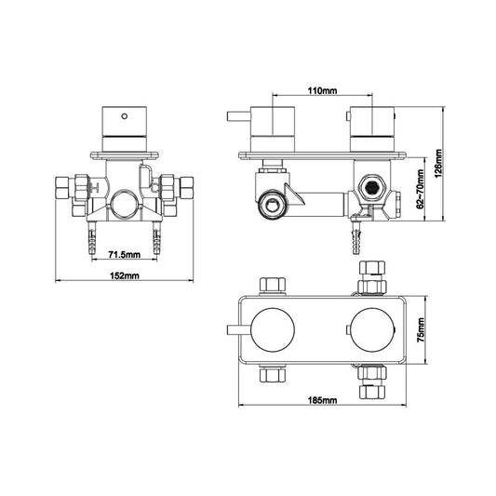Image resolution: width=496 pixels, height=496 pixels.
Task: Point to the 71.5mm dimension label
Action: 123,253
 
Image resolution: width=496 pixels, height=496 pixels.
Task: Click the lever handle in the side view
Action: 236,118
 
